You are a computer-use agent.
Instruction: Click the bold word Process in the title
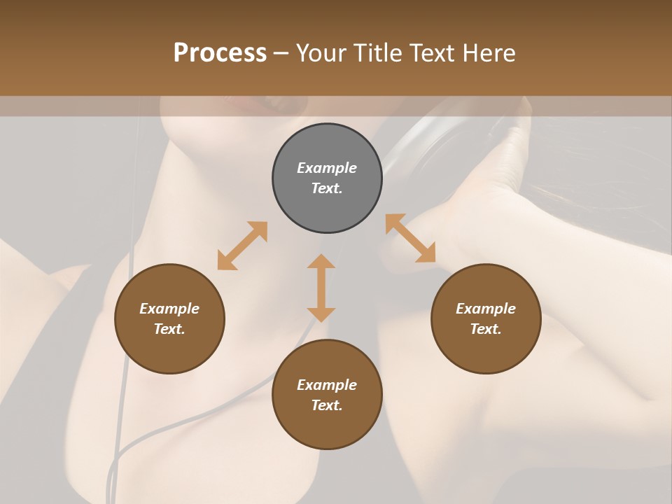pos(220,53)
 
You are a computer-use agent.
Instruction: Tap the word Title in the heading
pos(377,53)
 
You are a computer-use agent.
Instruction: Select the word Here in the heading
pos(491,53)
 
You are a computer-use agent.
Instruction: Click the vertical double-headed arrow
pos(321,288)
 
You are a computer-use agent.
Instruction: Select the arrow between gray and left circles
pos(242,245)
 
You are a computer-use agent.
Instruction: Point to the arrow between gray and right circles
pos(410,238)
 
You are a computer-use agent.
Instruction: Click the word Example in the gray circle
pos(327,168)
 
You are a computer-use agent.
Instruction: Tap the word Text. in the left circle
pos(169,329)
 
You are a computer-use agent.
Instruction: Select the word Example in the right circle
pos(486,309)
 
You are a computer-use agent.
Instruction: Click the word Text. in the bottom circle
pos(327,405)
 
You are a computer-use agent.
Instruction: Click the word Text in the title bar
pos(435,53)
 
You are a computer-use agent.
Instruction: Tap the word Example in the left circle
pos(169,309)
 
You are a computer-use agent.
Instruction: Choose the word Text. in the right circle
pos(486,329)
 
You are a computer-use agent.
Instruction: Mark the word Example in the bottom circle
pos(327,385)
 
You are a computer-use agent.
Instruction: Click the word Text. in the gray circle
pos(327,188)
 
